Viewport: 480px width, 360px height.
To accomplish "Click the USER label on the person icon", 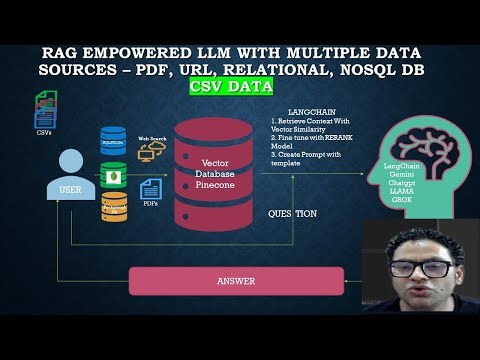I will click(x=68, y=186).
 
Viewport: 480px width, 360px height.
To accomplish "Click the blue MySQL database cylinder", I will click(x=114, y=138).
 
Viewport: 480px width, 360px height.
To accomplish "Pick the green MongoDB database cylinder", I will click(x=114, y=174).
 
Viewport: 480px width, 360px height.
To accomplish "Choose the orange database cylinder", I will click(x=114, y=207).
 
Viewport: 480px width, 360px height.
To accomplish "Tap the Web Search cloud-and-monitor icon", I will click(x=152, y=150).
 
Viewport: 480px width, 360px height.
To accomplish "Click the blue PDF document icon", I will click(x=152, y=188).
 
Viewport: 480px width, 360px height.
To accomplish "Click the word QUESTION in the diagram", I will click(x=293, y=214).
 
